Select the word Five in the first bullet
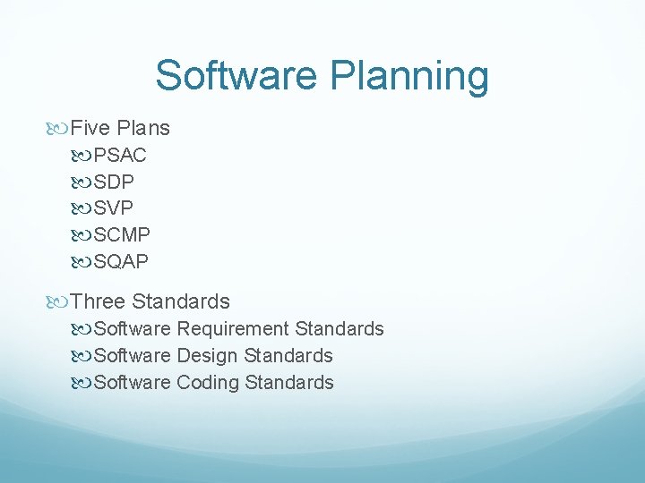[x=89, y=128]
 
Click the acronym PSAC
[x=120, y=155]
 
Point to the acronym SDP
[x=114, y=182]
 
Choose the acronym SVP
[x=114, y=208]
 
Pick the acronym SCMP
[x=122, y=235]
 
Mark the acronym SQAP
[x=121, y=262]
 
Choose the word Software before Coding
[x=132, y=383]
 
